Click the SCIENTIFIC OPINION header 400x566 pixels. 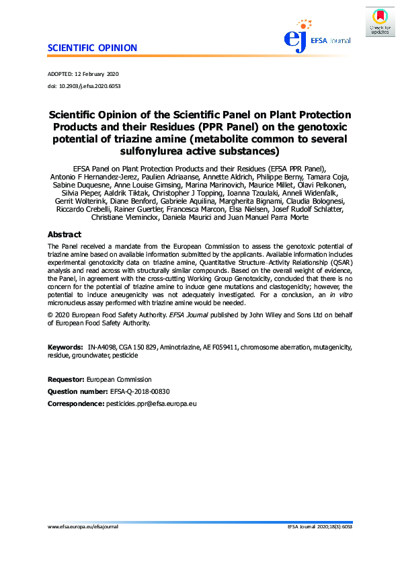pos(93,48)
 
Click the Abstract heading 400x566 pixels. pos(65,235)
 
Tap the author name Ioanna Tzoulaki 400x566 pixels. pos(253,194)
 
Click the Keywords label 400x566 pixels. pos(65,348)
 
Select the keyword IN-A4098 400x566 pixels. pos(100,348)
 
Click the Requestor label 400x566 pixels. pos(66,380)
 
